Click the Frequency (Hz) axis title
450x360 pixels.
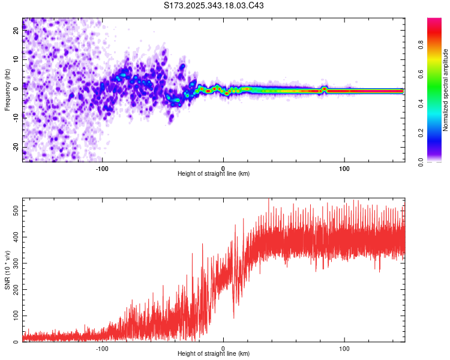[7, 90]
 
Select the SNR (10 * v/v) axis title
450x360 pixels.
[7, 270]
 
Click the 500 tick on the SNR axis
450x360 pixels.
[14, 211]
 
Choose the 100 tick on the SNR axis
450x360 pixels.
[14, 316]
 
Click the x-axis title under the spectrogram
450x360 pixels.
[214, 174]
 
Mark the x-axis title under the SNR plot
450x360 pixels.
[214, 354]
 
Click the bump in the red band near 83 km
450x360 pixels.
[325, 89]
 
